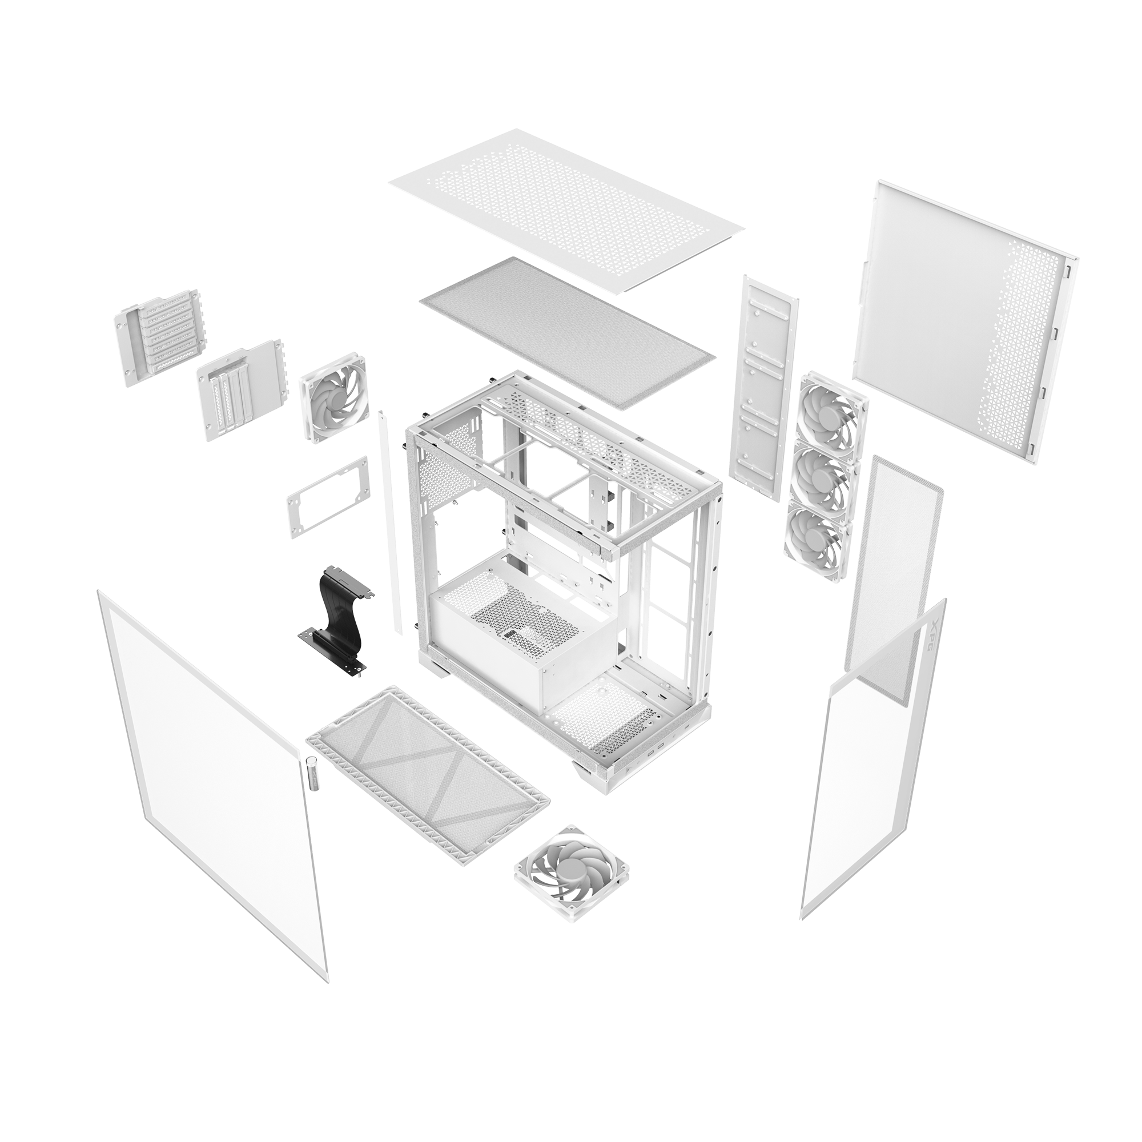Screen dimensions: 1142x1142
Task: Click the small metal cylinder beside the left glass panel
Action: coord(313,772)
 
